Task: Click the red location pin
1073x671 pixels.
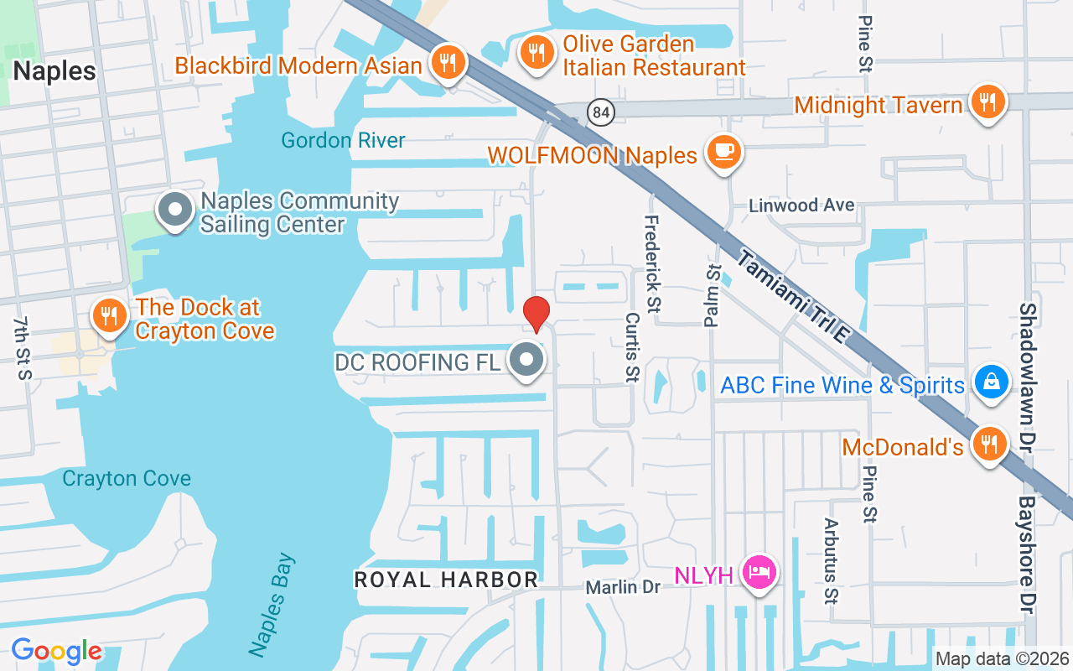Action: [x=536, y=314]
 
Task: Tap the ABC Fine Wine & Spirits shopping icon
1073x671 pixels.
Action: [x=991, y=382]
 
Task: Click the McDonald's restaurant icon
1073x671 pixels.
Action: [x=989, y=444]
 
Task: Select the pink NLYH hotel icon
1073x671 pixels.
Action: [x=759, y=573]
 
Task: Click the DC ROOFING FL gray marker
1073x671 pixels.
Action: [x=527, y=361]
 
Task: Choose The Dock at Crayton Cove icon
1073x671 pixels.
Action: [x=109, y=316]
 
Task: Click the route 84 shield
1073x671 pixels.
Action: [x=602, y=112]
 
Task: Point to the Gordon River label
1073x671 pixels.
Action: [x=343, y=140]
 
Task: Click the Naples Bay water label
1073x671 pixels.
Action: [x=272, y=604]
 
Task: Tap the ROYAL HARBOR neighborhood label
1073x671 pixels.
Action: [x=446, y=580]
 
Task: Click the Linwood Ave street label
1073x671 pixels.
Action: [x=801, y=205]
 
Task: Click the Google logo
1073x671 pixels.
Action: [x=56, y=651]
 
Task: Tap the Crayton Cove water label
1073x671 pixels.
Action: [x=127, y=479]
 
